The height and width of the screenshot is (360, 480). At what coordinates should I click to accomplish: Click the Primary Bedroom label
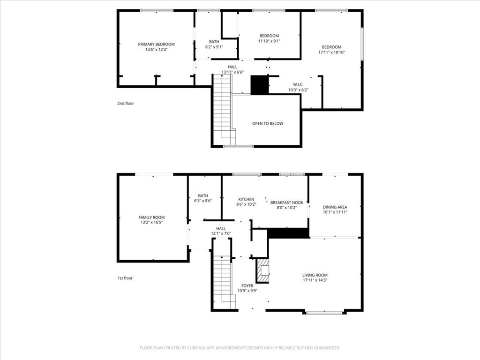[x=156, y=45]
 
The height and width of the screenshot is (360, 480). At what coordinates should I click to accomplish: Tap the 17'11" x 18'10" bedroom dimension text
[x=331, y=52]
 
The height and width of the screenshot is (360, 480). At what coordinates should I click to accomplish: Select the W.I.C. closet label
[x=298, y=84]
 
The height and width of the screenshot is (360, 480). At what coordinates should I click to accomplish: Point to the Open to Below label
[x=268, y=123]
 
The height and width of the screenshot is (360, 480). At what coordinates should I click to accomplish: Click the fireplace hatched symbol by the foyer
[x=262, y=270]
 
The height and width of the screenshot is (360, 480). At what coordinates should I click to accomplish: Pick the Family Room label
[x=151, y=217]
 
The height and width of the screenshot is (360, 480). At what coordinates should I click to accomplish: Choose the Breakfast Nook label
[x=287, y=202]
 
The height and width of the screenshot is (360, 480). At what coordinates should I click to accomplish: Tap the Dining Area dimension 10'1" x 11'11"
[x=335, y=212]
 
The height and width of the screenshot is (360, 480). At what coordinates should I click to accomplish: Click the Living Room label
[x=315, y=275]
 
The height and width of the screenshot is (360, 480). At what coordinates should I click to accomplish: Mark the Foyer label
[x=247, y=285]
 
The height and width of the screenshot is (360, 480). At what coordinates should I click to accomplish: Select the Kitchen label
[x=246, y=199]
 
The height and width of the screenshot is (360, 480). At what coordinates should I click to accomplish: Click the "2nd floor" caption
[x=126, y=103]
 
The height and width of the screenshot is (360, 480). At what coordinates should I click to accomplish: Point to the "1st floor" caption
[x=125, y=278]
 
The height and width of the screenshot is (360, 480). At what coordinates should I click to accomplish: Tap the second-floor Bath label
[x=214, y=42]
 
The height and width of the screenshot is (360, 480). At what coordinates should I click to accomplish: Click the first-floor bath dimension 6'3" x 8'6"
[x=203, y=201]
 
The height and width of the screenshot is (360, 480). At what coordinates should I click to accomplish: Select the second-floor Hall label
[x=232, y=67]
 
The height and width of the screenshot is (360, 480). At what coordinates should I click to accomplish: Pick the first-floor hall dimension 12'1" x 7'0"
[x=221, y=233]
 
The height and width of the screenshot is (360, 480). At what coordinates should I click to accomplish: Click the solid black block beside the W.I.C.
[x=260, y=85]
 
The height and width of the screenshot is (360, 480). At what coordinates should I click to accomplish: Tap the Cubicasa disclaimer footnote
[x=240, y=348]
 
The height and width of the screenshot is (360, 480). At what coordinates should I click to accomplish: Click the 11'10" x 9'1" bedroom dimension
[x=269, y=41]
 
